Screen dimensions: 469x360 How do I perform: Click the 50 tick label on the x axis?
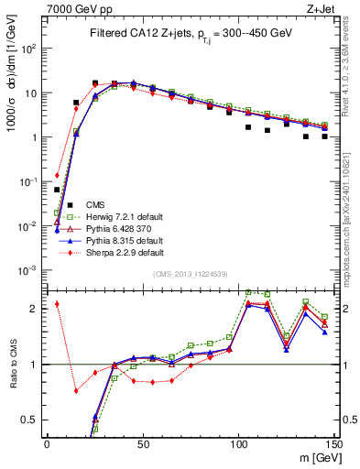point(142,443)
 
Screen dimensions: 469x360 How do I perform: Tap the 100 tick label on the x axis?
point(238,443)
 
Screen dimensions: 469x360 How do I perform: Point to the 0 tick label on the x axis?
point(47,443)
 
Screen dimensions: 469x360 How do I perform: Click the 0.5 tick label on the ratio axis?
point(28,420)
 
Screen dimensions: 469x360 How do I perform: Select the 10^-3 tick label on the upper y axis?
point(26,270)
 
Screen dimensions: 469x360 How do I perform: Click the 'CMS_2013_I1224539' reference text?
point(191,274)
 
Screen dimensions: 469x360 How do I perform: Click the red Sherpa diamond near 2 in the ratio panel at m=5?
point(57,304)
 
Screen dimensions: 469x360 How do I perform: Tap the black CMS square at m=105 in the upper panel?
point(248,127)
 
